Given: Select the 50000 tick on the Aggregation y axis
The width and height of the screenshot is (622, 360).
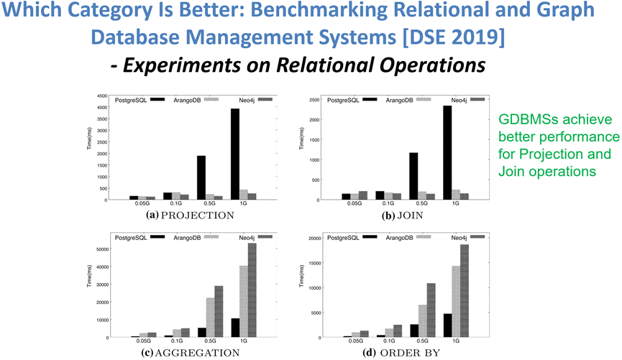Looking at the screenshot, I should click(x=102, y=249).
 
